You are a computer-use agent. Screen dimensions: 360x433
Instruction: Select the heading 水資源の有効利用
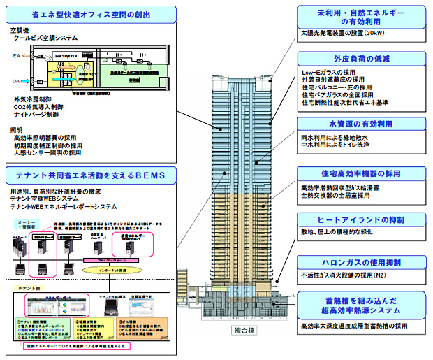[x=360, y=124]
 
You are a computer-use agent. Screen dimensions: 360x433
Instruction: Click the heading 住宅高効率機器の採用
[x=360, y=173]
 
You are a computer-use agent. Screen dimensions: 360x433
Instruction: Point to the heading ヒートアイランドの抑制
[x=360, y=219]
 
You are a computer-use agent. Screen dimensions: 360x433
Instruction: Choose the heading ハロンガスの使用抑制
[x=360, y=264]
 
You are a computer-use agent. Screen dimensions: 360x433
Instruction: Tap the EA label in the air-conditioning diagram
[x=17, y=54]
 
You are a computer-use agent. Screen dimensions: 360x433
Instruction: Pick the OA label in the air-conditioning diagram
[x=17, y=80]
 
